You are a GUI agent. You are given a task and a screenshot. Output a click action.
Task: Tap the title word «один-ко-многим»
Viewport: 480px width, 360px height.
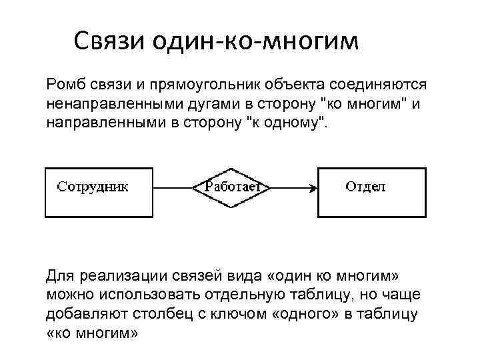click(x=256, y=43)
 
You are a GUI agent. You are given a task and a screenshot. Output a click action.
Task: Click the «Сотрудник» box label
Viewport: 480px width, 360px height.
click(x=93, y=187)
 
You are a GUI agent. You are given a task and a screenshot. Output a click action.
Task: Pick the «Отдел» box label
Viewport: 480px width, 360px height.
click(x=365, y=187)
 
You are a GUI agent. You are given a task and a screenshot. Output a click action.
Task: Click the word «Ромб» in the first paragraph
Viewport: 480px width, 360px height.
click(x=65, y=86)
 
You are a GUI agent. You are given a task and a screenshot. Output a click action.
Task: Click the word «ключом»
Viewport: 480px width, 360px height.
click(x=237, y=313)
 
